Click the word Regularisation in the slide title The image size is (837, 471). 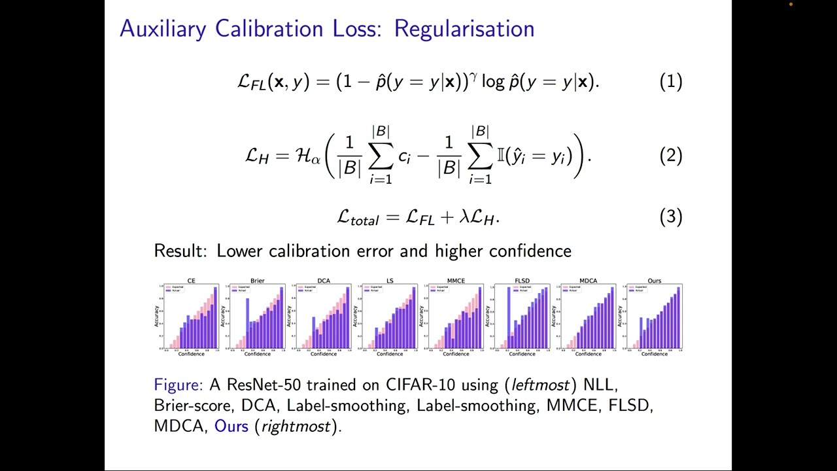(464, 29)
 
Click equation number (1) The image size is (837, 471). (671, 81)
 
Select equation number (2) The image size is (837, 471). (671, 155)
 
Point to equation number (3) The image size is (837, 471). (671, 217)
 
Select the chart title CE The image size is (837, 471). (191, 281)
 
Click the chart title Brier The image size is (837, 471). (258, 281)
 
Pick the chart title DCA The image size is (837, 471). (324, 281)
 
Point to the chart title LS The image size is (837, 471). (390, 281)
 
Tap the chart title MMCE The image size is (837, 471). (456, 281)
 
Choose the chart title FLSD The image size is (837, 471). (522, 281)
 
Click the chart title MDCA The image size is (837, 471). (588, 281)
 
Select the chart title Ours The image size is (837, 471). (654, 281)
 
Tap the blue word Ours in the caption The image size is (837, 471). (231, 427)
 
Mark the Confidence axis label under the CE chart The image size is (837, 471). (191, 354)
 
